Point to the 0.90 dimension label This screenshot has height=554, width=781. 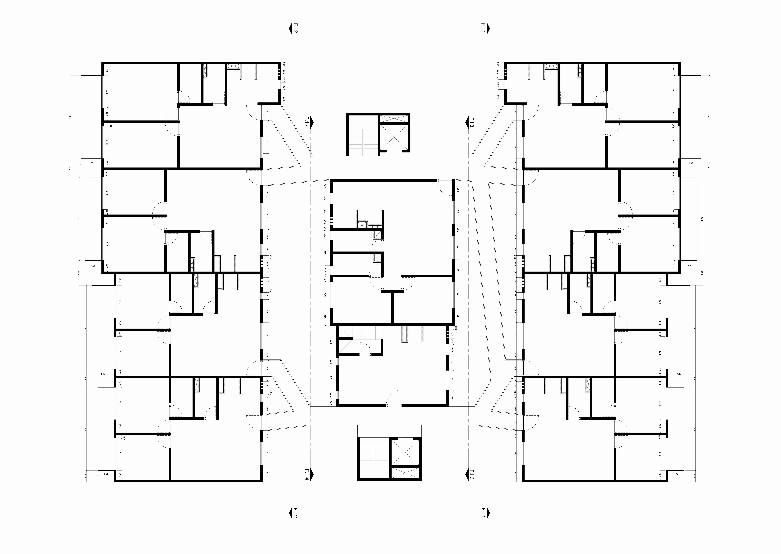pyautogui.click(x=325, y=186)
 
